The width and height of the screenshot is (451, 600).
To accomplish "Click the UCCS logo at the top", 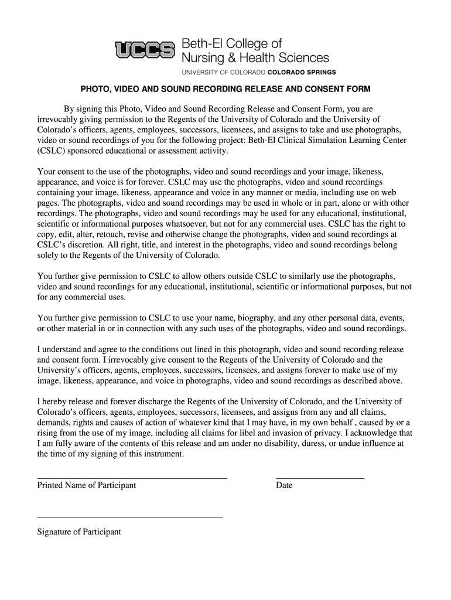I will pyautogui.click(x=145, y=51).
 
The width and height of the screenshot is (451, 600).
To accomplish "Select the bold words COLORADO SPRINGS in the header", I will pyautogui.click(x=302, y=73).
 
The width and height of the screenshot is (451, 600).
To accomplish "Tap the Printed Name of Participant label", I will pyautogui.click(x=87, y=485).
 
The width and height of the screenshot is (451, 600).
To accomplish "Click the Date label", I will pyautogui.click(x=284, y=485).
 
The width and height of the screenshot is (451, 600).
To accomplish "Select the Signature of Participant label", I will pyautogui.click(x=79, y=532).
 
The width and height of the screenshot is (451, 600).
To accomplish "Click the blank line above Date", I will pyautogui.click(x=320, y=478).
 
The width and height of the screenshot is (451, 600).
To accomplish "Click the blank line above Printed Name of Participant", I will pyautogui.click(x=132, y=478).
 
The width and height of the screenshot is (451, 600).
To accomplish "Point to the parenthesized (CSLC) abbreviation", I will pyautogui.click(x=52, y=151).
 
